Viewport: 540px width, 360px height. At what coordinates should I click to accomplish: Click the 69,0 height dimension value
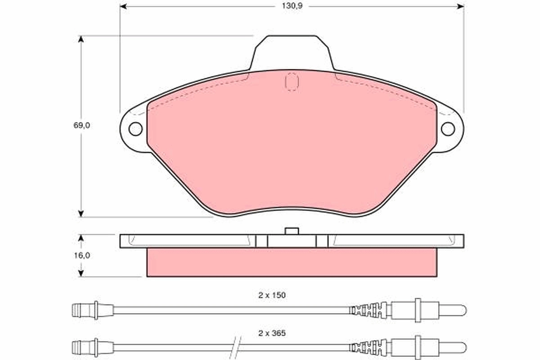pos(82,126)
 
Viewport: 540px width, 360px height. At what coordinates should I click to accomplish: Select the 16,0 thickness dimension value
pos(82,255)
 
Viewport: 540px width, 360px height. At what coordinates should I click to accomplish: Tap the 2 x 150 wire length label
pos(272,295)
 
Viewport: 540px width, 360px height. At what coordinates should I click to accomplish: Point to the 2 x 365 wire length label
pos(272,333)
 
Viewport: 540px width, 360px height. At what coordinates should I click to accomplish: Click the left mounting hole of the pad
pos(135,129)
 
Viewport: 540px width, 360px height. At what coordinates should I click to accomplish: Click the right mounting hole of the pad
pos(448,129)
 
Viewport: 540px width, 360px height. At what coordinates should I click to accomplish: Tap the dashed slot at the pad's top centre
pos(292,81)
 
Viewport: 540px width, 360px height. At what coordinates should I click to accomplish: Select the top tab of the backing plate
pos(292,52)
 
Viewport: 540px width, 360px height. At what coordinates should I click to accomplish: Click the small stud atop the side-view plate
pos(292,231)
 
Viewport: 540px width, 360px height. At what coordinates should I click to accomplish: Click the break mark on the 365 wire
pos(237,347)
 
